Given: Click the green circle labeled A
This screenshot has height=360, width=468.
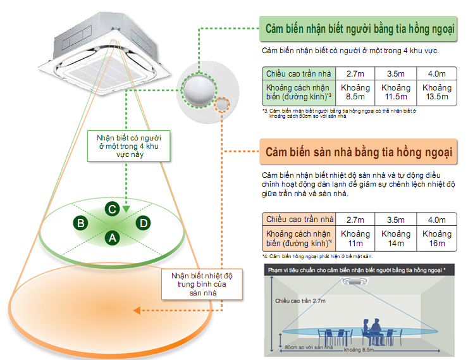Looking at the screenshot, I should click(113, 238).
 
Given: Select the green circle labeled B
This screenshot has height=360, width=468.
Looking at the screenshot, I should click(80, 223).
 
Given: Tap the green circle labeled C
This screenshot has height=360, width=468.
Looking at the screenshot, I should click(111, 208).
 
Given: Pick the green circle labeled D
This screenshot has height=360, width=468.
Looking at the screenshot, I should click(144, 223).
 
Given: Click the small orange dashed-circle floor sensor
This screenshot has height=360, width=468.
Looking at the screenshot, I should click(222, 104).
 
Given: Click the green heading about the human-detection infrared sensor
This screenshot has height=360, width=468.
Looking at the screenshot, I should click(361, 30).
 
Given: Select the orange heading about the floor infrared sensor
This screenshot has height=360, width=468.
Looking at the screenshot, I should click(358, 152).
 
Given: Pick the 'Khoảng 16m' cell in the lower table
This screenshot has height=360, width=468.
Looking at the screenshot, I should click(436, 239).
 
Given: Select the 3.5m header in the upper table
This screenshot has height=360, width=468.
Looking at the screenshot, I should click(395, 73).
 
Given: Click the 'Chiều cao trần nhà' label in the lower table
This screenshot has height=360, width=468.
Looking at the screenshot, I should click(299, 220).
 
